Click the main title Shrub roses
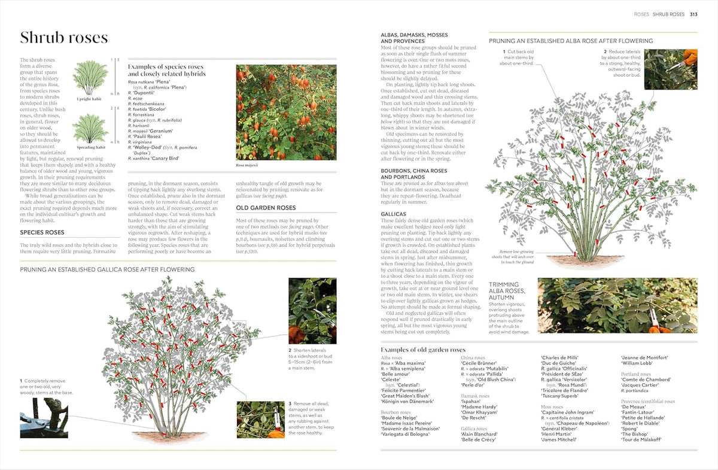[64, 38]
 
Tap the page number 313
[693, 14]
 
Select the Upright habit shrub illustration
[90, 78]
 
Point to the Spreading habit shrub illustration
[90, 128]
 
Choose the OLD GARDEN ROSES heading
[266, 208]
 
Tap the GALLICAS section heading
[393, 214]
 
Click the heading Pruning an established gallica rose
[107, 270]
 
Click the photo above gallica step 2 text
[312, 311]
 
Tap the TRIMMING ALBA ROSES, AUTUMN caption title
[508, 291]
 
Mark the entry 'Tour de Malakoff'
[641, 439]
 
